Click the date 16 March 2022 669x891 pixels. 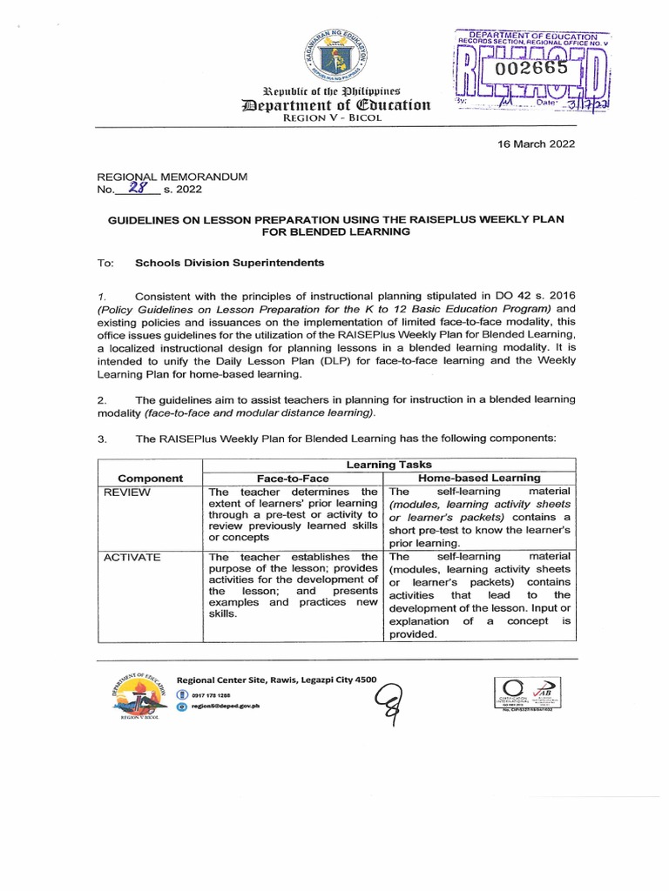[x=535, y=144]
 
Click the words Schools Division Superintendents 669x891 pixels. [x=217, y=262]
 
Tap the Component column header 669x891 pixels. [x=150, y=478]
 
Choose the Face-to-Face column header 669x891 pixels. [x=292, y=478]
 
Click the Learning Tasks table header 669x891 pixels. [x=389, y=466]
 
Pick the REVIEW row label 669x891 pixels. [x=127, y=492]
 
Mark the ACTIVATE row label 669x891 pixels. [x=132, y=557]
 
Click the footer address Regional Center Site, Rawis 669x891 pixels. [x=276, y=679]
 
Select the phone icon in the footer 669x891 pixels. [x=181, y=694]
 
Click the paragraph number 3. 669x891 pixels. [x=101, y=439]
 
